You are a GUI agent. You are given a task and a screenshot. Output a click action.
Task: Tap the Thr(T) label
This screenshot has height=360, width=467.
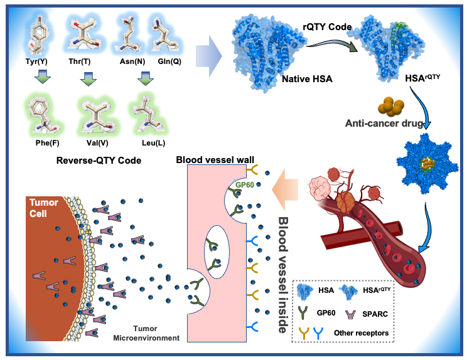pyautogui.click(x=87, y=61)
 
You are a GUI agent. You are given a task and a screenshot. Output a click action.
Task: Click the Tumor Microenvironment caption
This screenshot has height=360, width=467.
pyautogui.click(x=154, y=333)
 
